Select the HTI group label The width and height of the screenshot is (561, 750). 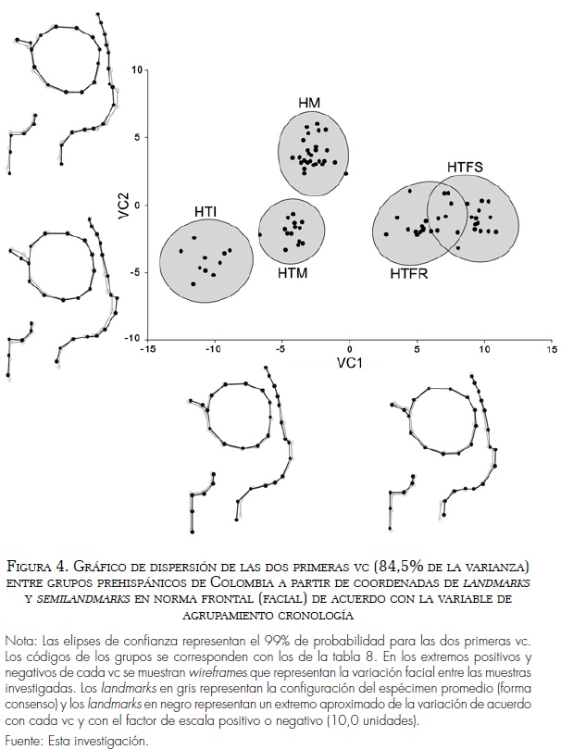(206, 212)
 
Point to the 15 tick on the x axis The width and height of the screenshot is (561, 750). (551, 351)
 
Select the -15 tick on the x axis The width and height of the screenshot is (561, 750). (146, 351)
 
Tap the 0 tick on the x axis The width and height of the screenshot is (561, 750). (349, 351)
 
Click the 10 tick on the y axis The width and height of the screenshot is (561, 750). (136, 69)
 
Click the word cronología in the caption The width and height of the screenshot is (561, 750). (321, 615)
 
